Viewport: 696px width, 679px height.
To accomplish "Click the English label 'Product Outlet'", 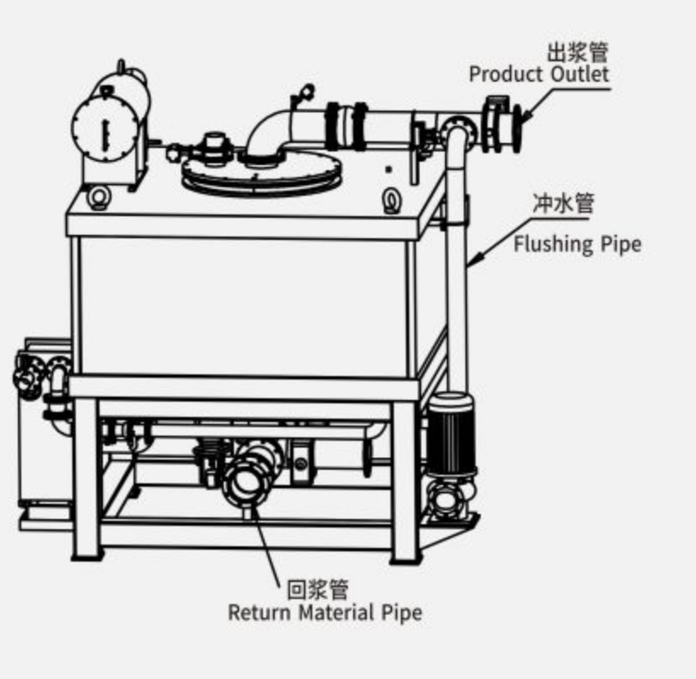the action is (539, 74).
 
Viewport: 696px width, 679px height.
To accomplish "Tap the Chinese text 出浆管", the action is (577, 53).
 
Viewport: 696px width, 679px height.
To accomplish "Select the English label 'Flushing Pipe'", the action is (578, 245).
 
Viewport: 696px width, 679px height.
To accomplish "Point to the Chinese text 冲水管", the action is (562, 203).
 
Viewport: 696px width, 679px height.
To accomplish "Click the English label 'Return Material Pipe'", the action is (325, 613).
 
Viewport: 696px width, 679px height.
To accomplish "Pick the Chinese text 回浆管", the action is (318, 590).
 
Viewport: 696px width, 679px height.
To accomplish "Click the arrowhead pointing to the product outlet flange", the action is (526, 116).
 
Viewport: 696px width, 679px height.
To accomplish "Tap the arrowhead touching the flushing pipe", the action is (474, 260).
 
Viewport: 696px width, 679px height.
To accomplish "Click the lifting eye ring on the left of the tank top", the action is (99, 197).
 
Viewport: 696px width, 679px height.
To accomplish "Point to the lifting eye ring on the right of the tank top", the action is (391, 201).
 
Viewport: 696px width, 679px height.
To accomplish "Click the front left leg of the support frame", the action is (87, 479).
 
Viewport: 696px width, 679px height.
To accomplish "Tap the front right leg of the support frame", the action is (405, 482).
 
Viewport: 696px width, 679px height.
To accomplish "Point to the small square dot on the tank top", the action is (388, 169).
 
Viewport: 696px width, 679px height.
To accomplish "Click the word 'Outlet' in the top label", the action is (579, 74).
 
